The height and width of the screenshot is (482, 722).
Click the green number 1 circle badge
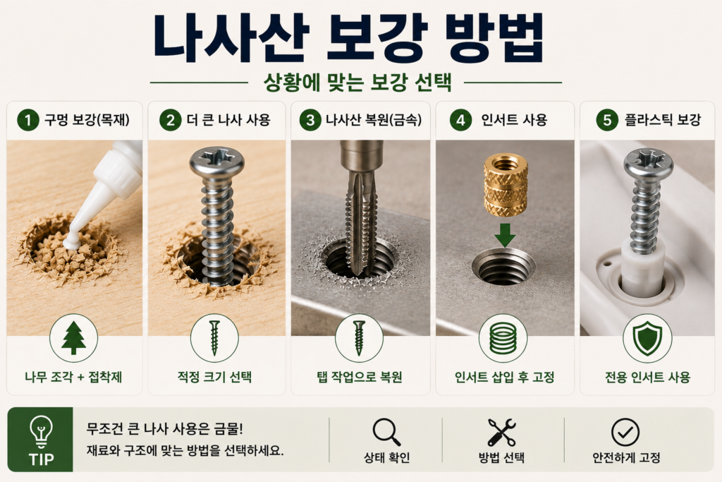pyautogui.click(x=28, y=120)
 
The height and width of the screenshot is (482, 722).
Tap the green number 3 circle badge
pyautogui.click(x=310, y=120)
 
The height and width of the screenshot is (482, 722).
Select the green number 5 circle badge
pyautogui.click(x=607, y=120)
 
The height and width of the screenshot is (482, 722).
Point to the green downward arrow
pyautogui.click(x=505, y=235)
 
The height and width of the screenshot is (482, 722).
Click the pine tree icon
pyautogui.click(x=73, y=338)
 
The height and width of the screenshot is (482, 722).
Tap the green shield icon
pyautogui.click(x=647, y=338)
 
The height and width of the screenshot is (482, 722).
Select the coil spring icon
pyautogui.click(x=503, y=338)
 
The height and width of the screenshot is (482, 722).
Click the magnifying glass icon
pyautogui.click(x=386, y=432)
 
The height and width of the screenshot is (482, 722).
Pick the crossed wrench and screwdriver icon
pyautogui.click(x=501, y=432)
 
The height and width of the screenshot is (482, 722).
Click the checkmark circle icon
pyautogui.click(x=625, y=432)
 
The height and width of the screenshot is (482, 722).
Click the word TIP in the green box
pyautogui.click(x=41, y=459)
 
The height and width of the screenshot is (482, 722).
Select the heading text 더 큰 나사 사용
pyautogui.click(x=228, y=120)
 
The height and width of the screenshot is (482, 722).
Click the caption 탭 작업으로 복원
pyautogui.click(x=360, y=377)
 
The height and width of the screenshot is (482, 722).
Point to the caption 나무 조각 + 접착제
pyautogui.click(x=73, y=377)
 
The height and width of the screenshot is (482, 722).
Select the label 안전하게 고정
pyautogui.click(x=626, y=457)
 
